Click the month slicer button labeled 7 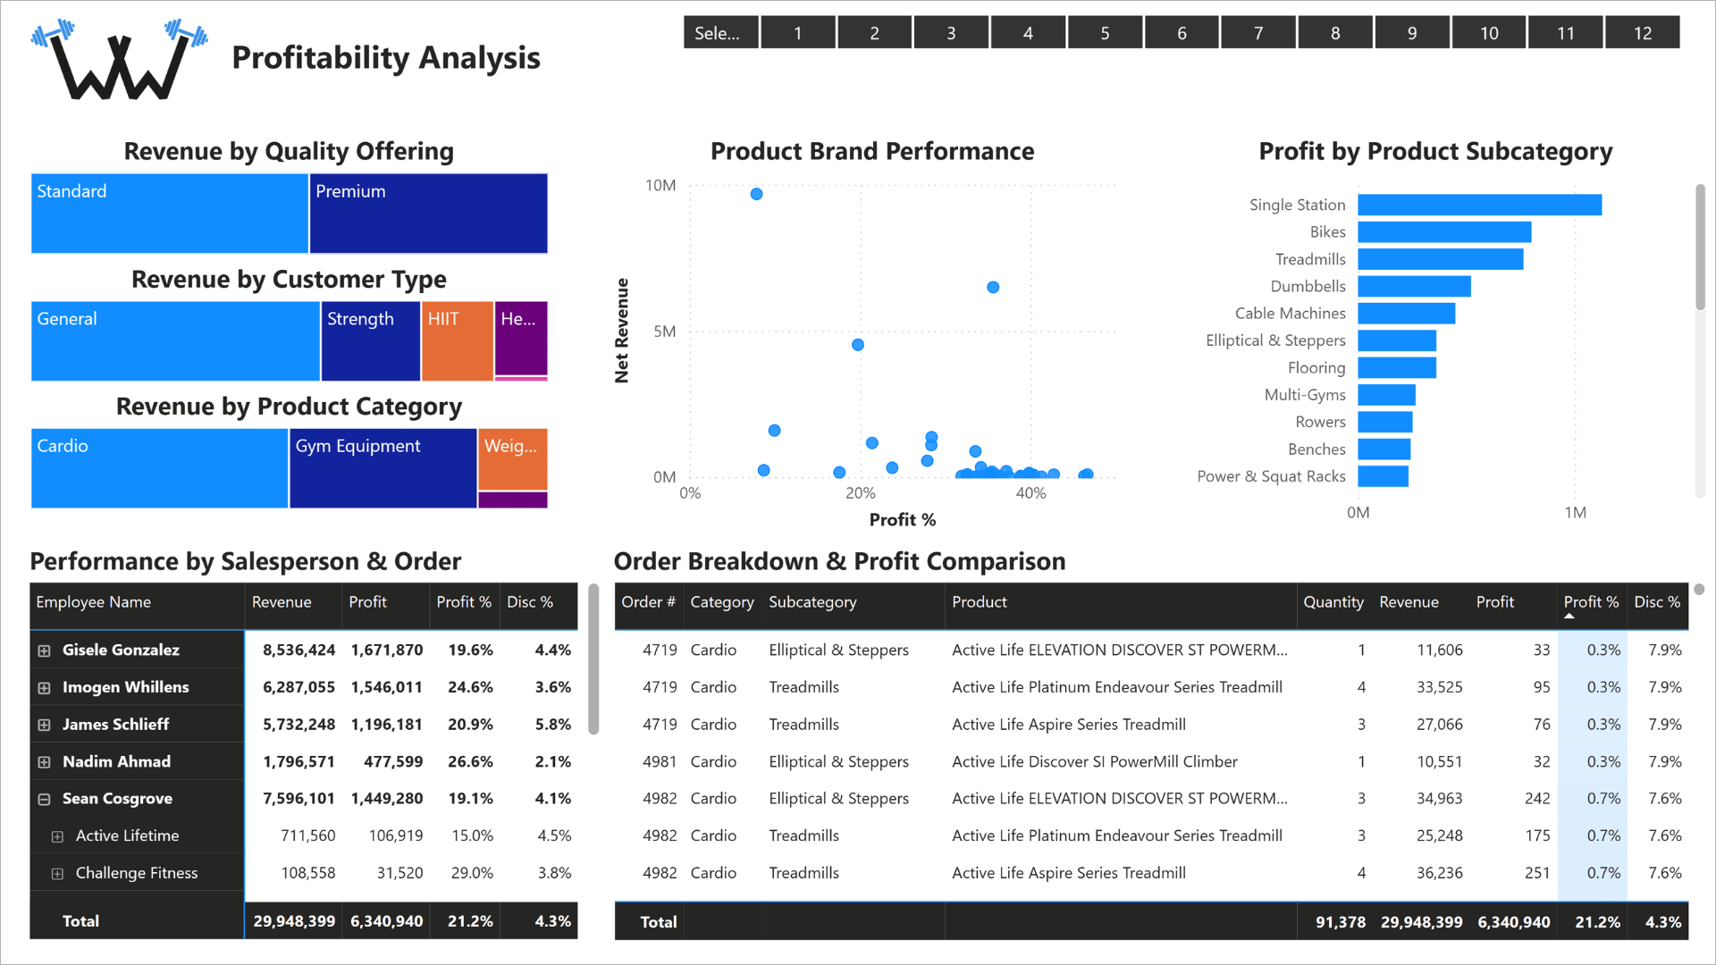coord(1258,33)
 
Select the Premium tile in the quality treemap coord(429,214)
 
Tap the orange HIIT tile coord(458,341)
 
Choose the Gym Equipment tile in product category coord(383,468)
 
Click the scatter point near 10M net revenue coord(756,194)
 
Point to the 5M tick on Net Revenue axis coord(665,331)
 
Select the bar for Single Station coord(1480,205)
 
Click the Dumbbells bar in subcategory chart coord(1415,286)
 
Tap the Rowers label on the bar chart coord(1320,422)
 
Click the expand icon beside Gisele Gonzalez coord(44,650)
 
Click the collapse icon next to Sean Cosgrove coord(44,799)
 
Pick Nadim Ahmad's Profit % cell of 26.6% coord(470,761)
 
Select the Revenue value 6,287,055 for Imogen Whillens coord(299,687)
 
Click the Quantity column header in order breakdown coord(1333,602)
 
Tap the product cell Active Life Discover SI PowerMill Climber coord(1095,761)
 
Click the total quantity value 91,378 coord(1341,922)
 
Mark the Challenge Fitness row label coord(137,873)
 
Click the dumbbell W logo coord(120,59)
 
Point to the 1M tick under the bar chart coord(1576,513)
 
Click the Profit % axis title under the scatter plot coord(903,520)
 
